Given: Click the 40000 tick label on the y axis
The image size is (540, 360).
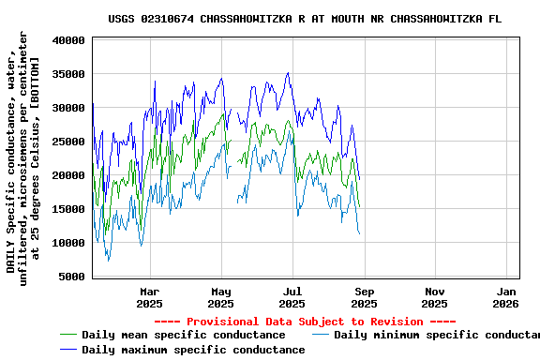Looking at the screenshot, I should click(x=69, y=40).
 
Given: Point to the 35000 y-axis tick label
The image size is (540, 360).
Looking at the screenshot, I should click(x=69, y=74).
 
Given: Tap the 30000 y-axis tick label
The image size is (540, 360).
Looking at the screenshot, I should click(x=69, y=108).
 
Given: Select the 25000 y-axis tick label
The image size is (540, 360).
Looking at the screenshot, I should click(x=69, y=142).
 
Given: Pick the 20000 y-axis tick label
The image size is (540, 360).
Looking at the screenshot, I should click(x=69, y=175).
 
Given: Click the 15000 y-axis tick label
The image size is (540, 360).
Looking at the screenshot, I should click(x=69, y=209).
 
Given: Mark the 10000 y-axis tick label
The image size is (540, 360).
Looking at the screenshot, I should click(x=69, y=243).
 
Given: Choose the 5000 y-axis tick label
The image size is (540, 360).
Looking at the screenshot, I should click(x=73, y=277).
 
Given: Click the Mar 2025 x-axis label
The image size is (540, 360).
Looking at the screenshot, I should click(x=149, y=297).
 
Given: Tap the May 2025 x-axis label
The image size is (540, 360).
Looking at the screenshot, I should click(x=220, y=297).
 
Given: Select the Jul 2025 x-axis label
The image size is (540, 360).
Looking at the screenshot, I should click(x=292, y=297).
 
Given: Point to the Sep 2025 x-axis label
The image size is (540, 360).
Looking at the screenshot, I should click(x=364, y=297).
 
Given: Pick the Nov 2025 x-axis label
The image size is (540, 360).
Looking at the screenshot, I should click(x=435, y=297).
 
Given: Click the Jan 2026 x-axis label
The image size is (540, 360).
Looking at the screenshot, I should click(x=506, y=297).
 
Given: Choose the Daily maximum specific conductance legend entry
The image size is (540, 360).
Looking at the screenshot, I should click(x=192, y=350).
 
